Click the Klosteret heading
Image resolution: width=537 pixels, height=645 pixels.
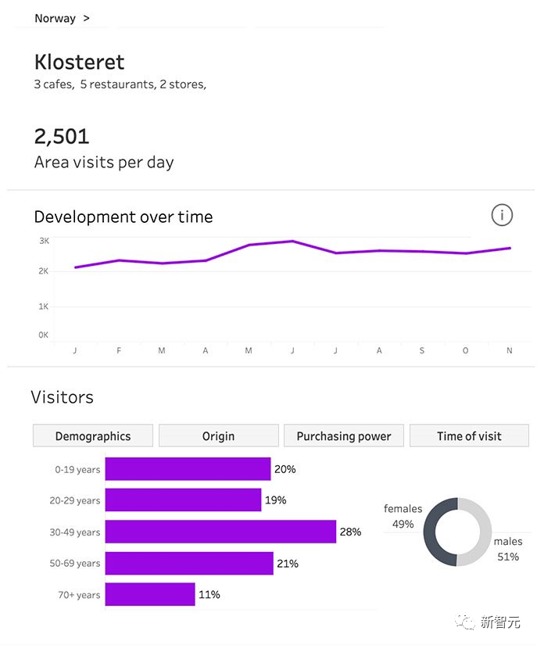[79, 63]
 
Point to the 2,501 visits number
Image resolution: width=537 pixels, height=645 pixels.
[62, 136]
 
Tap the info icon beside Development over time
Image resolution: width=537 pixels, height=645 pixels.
[502, 215]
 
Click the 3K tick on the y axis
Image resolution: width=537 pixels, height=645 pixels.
[44, 241]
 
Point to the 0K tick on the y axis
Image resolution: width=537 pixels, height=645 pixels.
[44, 335]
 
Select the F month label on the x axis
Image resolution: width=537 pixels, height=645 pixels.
[119, 351]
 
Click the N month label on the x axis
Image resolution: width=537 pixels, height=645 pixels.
[509, 351]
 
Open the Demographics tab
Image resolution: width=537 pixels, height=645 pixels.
[93, 436]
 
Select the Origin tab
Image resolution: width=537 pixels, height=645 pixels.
[218, 436]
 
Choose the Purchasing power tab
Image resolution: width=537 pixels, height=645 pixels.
[344, 436]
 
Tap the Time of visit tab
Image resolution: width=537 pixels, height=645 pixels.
[469, 436]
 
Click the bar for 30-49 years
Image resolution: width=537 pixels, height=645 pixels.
[220, 532]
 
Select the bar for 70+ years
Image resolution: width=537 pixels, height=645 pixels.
[149, 594]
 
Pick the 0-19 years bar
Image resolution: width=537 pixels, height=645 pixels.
[188, 469]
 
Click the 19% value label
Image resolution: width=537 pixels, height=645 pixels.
[276, 500]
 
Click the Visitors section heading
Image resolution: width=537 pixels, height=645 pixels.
[63, 397]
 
